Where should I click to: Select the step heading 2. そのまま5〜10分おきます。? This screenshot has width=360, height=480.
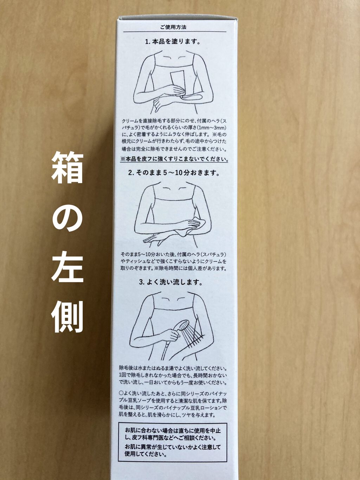tap(173, 173)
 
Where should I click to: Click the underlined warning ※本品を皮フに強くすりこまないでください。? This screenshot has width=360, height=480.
tap(174, 159)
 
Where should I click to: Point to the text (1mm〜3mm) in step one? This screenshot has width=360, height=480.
tap(214, 127)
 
